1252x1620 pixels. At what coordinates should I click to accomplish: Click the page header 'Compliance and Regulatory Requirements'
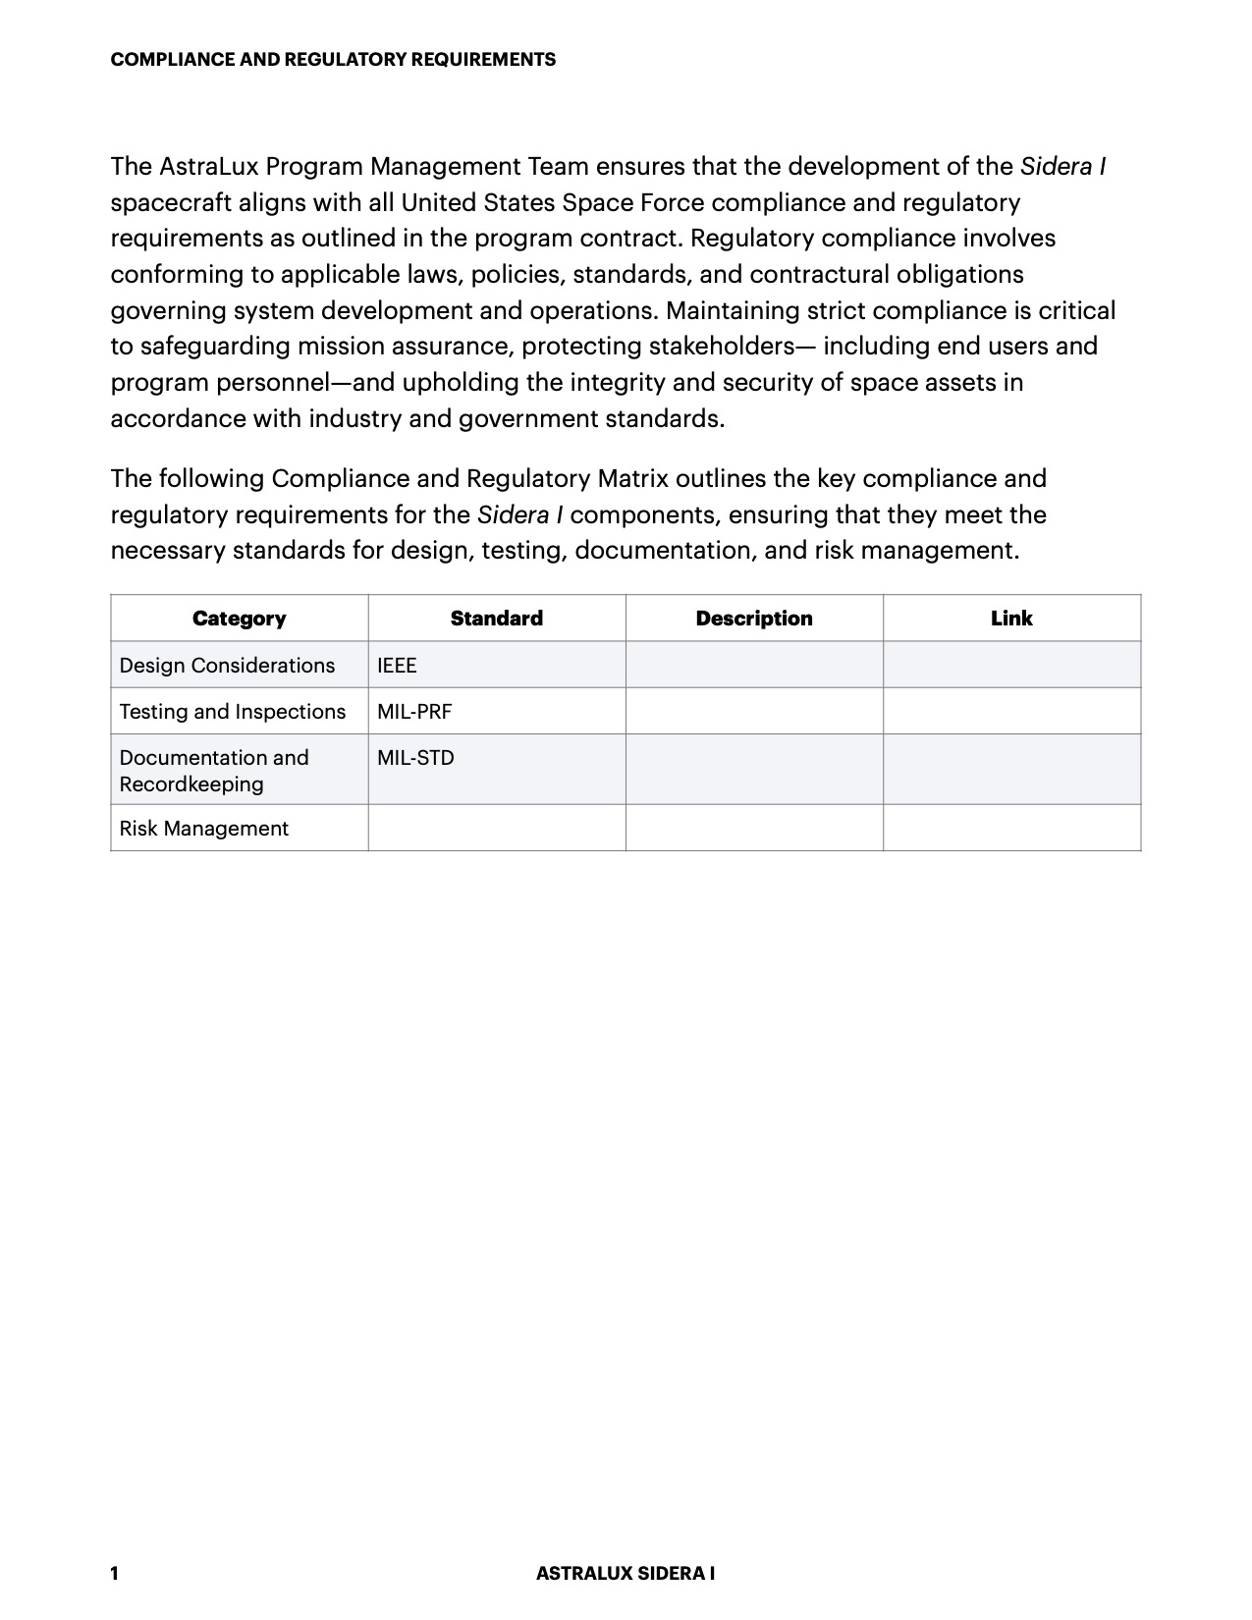(333, 60)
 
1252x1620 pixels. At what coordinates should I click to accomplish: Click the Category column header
(239, 619)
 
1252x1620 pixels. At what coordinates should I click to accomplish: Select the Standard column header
(496, 619)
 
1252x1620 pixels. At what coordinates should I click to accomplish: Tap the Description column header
(753, 619)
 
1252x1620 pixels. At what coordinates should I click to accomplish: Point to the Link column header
(1010, 619)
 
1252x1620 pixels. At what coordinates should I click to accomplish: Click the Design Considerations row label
(227, 666)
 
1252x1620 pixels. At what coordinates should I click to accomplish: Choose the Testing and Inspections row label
(233, 712)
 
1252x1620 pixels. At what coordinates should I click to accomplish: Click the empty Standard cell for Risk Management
(496, 829)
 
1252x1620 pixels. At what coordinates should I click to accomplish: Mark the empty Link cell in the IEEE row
(1010, 666)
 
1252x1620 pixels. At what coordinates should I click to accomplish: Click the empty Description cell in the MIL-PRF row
(753, 712)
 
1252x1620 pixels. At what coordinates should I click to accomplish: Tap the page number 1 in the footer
(114, 1574)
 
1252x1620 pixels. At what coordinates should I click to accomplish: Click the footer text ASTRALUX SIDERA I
(625, 1574)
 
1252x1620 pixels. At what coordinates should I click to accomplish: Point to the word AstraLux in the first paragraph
(208, 167)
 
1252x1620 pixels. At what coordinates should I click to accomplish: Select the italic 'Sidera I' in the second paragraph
(519, 515)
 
